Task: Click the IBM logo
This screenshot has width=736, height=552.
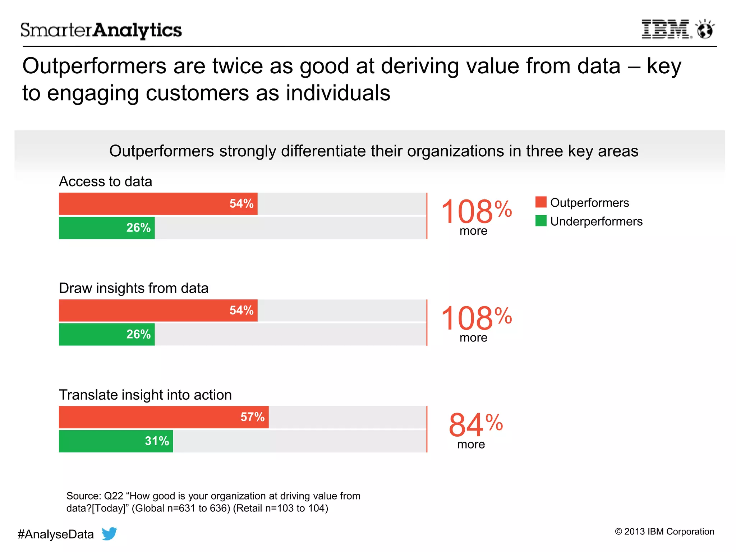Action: coord(666,29)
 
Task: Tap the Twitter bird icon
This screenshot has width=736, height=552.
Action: coord(109,533)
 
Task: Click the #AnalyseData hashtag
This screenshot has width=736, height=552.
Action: coord(56,534)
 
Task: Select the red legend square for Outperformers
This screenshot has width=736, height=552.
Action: coord(540,202)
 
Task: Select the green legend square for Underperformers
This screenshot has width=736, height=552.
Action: coord(540,221)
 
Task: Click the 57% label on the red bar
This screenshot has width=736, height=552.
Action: coord(252,417)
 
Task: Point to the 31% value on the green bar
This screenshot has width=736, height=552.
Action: coord(157,441)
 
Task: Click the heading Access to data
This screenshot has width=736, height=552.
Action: coord(105,181)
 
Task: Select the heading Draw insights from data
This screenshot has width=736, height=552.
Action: coord(133,288)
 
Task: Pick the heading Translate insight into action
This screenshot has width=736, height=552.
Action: coord(145,395)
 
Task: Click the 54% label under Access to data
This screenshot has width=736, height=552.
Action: coord(241,203)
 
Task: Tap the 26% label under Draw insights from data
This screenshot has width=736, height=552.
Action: coord(138,334)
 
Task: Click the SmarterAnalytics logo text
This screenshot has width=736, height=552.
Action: coord(101,30)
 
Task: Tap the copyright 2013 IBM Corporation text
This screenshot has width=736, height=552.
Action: coord(664,532)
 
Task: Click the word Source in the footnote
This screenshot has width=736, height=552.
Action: coord(83,496)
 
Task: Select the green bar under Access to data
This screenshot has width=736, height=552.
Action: coord(107,228)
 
